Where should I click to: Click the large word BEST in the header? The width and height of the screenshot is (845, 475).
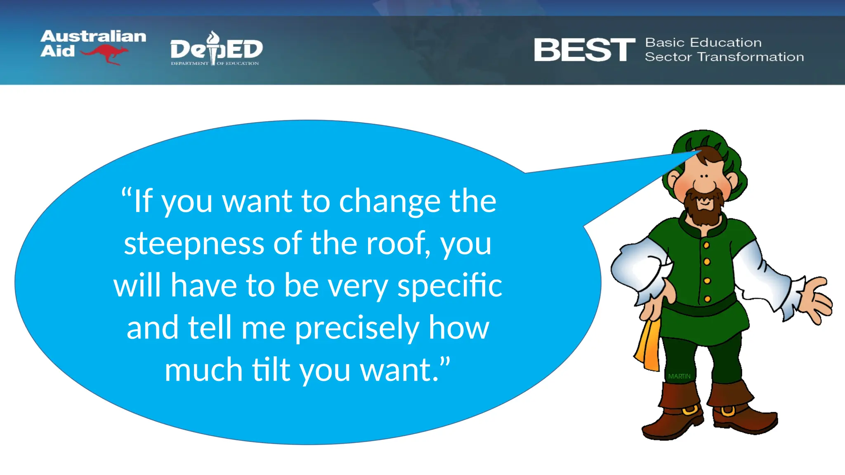(584, 50)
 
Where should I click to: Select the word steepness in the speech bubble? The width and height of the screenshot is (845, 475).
(194, 243)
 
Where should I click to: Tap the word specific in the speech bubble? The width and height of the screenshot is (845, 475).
(450, 285)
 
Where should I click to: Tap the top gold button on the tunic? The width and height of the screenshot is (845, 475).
(706, 245)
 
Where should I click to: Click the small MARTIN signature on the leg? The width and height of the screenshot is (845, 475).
(679, 376)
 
